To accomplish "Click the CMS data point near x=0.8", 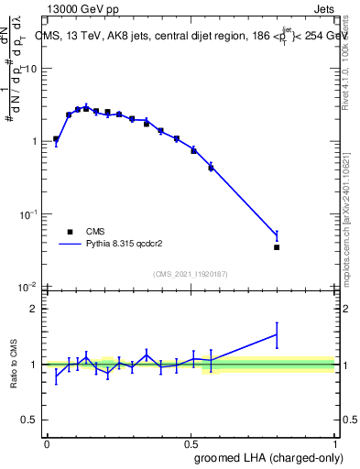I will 277,247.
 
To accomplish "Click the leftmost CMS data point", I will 56,139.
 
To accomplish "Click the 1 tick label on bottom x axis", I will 333,442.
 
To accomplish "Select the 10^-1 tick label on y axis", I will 30,214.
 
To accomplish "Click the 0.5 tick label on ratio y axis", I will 30,420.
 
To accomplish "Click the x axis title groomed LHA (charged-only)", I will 276,457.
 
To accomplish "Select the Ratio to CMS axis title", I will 15,364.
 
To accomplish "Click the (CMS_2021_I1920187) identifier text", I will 190,274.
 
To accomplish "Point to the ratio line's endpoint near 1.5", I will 277,334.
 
